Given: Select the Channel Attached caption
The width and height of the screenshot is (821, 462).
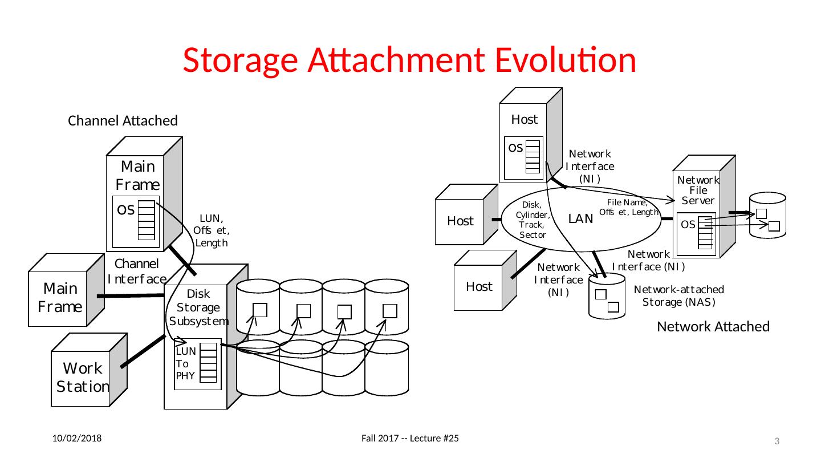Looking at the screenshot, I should (123, 121).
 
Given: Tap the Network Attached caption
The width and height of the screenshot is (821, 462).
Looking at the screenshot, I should (713, 326).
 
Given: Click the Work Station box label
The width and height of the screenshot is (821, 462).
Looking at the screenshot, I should (83, 377).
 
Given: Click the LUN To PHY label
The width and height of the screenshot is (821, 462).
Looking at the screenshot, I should (186, 363).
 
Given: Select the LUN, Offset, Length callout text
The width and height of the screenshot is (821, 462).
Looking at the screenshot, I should (212, 230).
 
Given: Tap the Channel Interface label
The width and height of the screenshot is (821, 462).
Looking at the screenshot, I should (137, 271).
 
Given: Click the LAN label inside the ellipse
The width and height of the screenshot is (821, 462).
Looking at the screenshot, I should (581, 218).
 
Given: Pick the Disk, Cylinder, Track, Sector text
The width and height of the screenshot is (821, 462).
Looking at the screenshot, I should (533, 220).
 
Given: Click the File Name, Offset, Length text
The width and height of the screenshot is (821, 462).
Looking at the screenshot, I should (629, 207).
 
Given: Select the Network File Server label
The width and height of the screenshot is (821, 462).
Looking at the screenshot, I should (698, 191).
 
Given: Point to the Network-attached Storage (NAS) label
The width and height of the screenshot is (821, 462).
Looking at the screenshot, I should (679, 295).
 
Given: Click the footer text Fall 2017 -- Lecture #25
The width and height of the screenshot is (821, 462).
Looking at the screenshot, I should (411, 438).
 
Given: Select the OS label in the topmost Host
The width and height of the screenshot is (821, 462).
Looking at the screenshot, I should (515, 148).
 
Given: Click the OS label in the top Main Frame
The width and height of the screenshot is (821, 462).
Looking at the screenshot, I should (125, 209).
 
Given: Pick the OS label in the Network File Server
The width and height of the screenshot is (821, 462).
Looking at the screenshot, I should (688, 225).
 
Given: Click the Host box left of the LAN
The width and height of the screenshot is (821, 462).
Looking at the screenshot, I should (460, 221).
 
